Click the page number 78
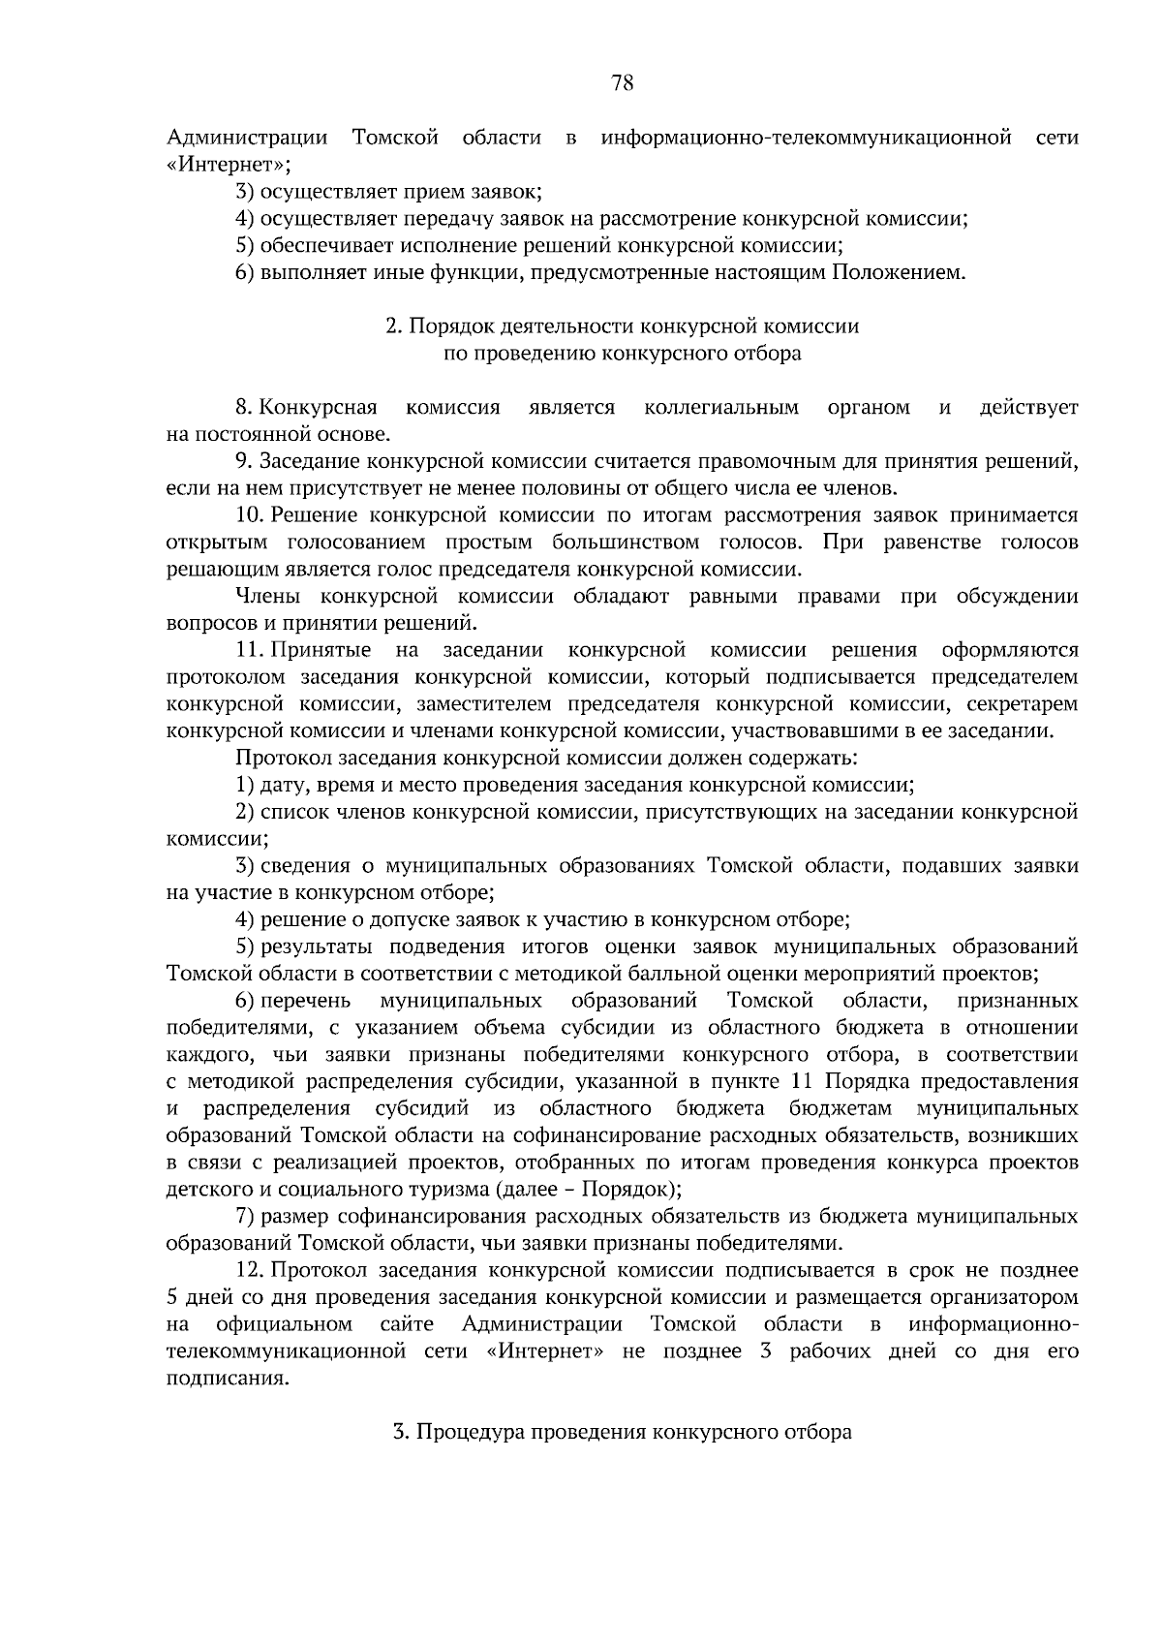click(x=623, y=83)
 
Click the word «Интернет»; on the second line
click(x=229, y=165)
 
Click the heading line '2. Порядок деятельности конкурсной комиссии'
click(x=622, y=326)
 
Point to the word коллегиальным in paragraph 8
click(x=721, y=408)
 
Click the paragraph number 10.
click(x=250, y=515)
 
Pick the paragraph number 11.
click(x=250, y=649)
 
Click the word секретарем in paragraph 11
click(x=1028, y=703)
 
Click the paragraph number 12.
click(x=250, y=1269)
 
